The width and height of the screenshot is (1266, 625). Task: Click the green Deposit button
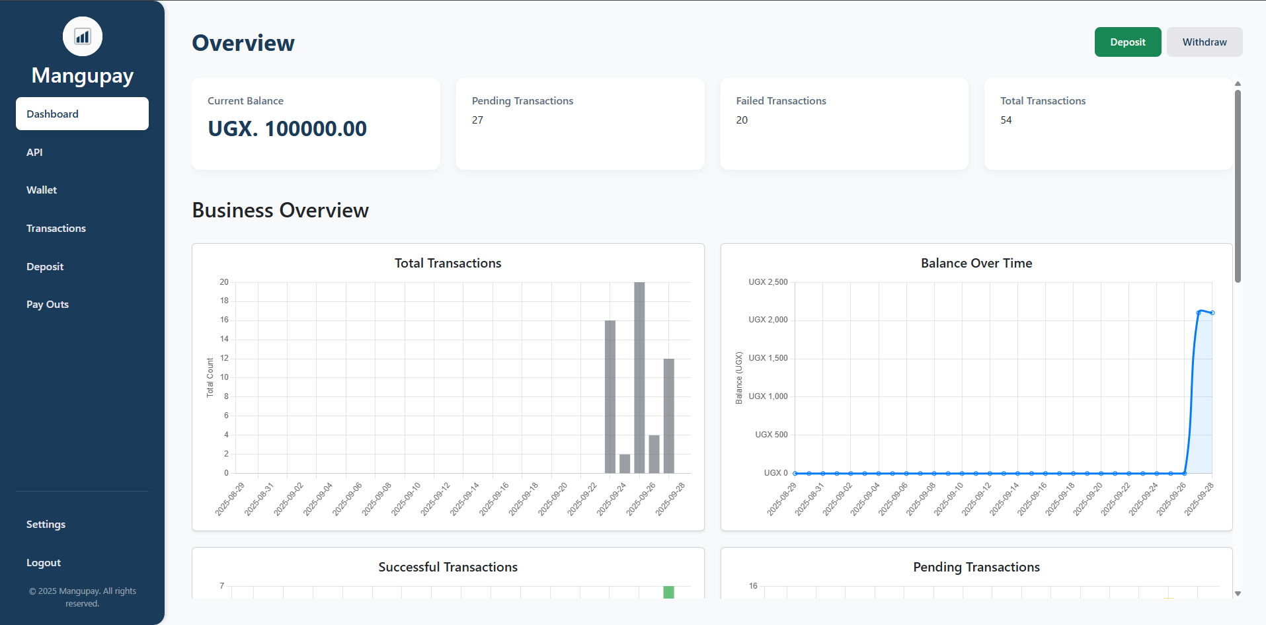click(1127, 42)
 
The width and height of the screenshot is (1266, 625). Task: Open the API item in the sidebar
click(34, 152)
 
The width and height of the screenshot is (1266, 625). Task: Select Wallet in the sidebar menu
click(42, 190)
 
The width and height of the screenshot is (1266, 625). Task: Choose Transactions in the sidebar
click(56, 229)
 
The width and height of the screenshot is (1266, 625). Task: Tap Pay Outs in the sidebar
click(48, 305)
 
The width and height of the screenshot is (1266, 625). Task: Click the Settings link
click(46, 525)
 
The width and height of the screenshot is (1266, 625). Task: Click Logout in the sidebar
click(44, 563)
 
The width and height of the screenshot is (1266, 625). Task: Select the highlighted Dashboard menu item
click(82, 114)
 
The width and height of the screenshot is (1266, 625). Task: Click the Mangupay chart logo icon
click(83, 36)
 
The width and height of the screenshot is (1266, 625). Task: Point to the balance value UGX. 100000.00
click(287, 129)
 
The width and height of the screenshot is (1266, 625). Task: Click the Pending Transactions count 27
click(477, 120)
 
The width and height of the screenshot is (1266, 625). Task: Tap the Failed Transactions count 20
click(742, 120)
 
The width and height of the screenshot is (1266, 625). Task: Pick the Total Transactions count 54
click(1006, 120)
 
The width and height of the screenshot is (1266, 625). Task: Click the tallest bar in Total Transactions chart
click(639, 377)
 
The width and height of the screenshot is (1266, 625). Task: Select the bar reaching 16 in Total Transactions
click(610, 396)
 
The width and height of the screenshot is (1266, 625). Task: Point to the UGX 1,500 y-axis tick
click(768, 358)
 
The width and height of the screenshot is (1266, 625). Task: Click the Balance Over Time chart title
click(976, 263)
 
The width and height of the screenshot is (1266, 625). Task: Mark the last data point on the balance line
click(1212, 312)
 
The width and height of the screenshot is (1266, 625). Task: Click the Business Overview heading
click(280, 210)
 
